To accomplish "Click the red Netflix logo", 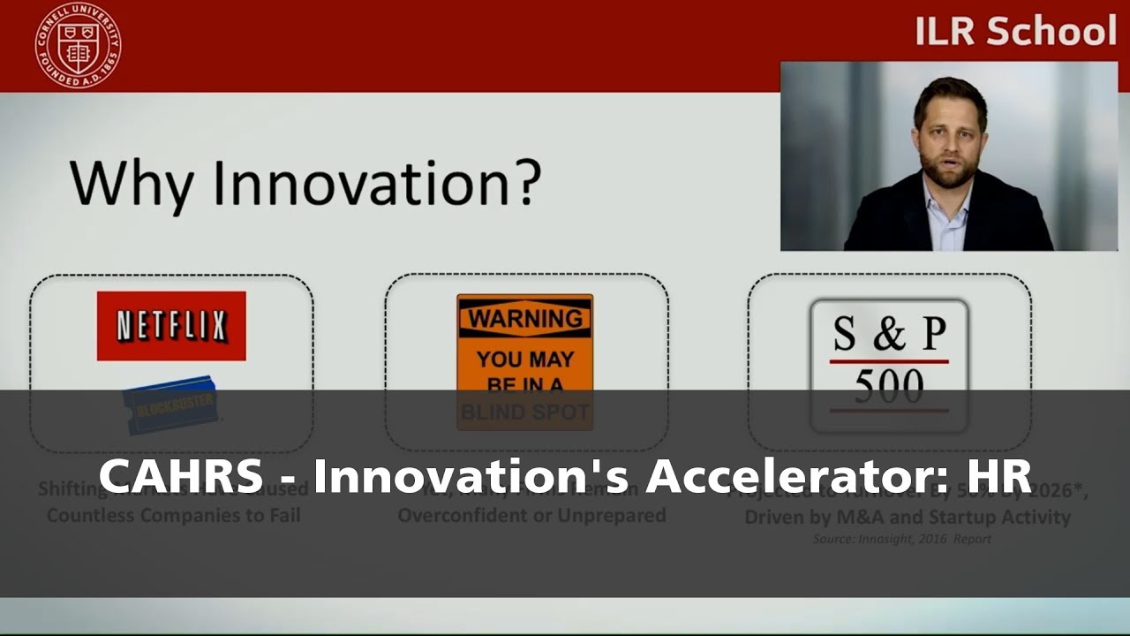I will click(171, 326).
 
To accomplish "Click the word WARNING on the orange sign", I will click(524, 319).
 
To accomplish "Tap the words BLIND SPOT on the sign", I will click(524, 412).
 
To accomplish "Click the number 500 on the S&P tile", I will click(888, 386).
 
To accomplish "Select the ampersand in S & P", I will click(889, 334).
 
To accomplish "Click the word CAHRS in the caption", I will click(180, 476).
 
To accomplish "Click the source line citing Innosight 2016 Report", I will click(901, 538).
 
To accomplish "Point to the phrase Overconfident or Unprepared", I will click(531, 515).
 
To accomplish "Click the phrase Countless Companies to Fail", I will click(173, 515).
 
